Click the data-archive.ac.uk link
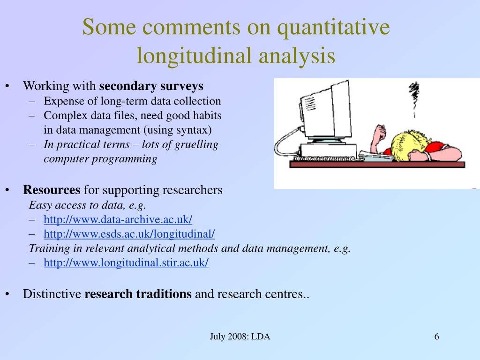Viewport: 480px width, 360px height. pyautogui.click(x=118, y=219)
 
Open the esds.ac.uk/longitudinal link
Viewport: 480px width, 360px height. pyautogui.click(x=129, y=233)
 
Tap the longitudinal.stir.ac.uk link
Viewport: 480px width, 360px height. pyautogui.click(x=126, y=262)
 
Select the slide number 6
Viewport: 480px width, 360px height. pyautogui.click(x=436, y=337)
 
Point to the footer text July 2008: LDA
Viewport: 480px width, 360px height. pyautogui.click(x=240, y=337)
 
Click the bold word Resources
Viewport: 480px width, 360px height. pyautogui.click(x=52, y=190)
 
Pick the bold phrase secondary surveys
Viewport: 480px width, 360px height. pyautogui.click(x=151, y=86)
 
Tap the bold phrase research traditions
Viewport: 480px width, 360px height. pyautogui.click(x=138, y=294)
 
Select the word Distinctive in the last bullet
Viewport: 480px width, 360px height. pyautogui.click(x=52, y=294)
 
